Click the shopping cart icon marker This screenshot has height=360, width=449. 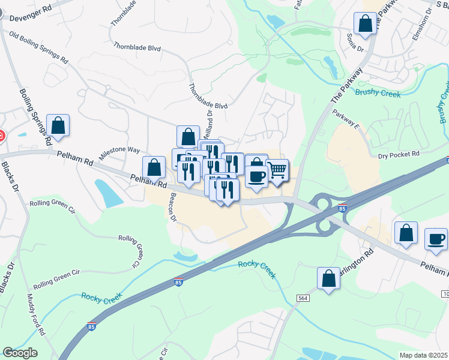[277, 171]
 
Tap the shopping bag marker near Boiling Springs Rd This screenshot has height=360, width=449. [58, 126]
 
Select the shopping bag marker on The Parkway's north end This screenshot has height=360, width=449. [365, 25]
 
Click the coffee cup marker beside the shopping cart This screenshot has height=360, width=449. [256, 177]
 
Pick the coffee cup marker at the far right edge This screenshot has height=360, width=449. [436, 239]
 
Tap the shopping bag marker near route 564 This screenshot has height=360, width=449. [328, 279]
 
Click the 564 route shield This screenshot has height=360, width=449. [302, 298]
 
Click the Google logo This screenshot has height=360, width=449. [20, 353]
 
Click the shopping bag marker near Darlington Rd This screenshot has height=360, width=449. [406, 233]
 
